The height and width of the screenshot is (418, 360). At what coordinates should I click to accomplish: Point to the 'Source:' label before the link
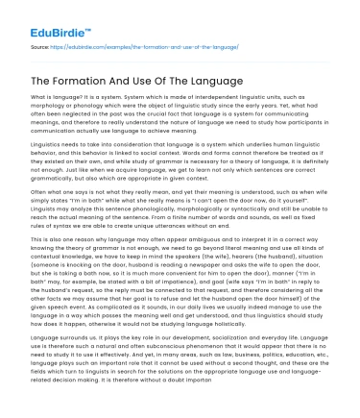pyautogui.click(x=40, y=47)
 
